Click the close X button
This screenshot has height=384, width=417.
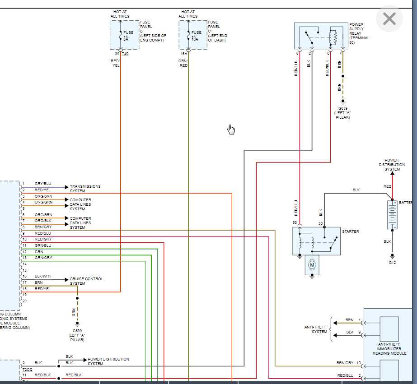tap(389, 19)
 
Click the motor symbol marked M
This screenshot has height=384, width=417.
tap(312, 266)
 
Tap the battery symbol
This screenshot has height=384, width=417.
tap(392, 215)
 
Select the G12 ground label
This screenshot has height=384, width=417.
tap(392, 263)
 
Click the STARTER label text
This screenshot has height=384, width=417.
tap(350, 231)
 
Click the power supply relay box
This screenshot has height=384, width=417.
tap(321, 36)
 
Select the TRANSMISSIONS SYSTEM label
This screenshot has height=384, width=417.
tap(85, 189)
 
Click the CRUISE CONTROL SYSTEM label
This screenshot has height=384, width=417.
tap(86, 281)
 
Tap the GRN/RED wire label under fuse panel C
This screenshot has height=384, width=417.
tap(183, 63)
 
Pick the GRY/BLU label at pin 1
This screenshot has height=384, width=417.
tap(43, 184)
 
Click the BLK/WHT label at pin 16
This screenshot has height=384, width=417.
tap(43, 276)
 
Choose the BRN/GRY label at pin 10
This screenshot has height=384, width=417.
tap(345, 363)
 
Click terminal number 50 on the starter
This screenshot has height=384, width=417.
tap(295, 223)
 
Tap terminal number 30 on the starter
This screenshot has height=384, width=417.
tap(320, 223)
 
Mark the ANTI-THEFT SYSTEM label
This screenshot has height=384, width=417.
tap(319, 329)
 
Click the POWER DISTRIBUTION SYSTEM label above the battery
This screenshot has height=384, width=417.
tap(392, 165)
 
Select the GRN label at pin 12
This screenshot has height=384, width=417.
tap(39, 251)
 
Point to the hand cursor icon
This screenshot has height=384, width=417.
tap(231, 130)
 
